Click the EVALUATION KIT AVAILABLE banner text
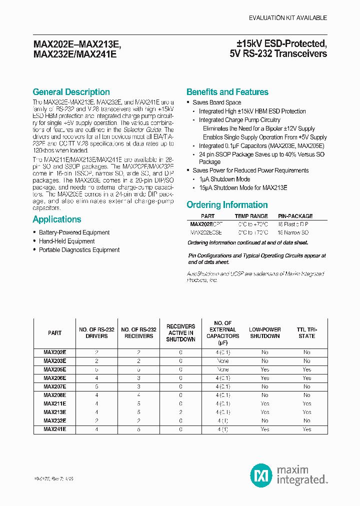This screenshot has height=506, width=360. tap(288, 17)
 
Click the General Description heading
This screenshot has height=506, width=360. tap(71, 92)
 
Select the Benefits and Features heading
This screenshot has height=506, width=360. tap(227, 92)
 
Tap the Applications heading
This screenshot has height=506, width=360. tap(56, 219)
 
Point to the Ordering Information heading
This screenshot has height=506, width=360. tap(227, 205)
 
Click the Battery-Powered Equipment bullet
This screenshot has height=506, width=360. tap(74, 232)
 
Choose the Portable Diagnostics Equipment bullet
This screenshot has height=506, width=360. tap(79, 250)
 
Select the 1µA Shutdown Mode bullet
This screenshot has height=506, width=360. tap(224, 179)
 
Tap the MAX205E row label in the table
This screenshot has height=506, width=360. tap(54, 369)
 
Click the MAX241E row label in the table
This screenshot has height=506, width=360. tap(54, 429)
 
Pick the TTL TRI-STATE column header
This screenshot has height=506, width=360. tap(306, 333)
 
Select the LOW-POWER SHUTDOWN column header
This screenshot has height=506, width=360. tap(264, 333)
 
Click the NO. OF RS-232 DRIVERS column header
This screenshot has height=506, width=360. tap(96, 333)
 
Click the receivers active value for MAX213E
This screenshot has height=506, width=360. tap(180, 412)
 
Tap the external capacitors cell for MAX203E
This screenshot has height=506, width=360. tap(222, 361)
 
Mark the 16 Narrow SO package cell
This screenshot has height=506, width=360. tap(293, 232)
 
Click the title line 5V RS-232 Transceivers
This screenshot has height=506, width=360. tap(281, 53)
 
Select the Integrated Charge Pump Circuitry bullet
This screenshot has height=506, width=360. tap(239, 120)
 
